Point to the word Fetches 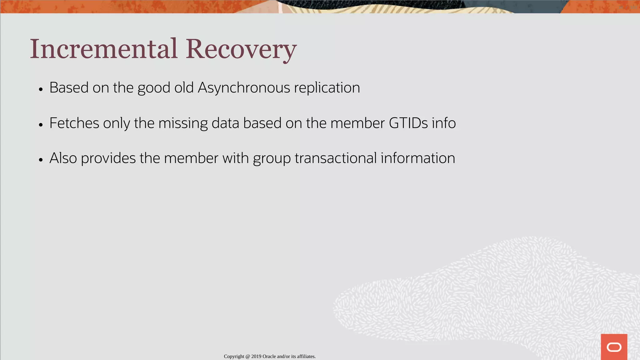(74, 123)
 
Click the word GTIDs (408, 123)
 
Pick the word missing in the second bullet (183, 123)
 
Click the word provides (108, 158)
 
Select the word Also (63, 158)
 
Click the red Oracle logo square (614, 347)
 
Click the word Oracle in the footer (269, 357)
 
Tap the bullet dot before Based (41, 89)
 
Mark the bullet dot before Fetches (41, 125)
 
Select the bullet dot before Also (41, 160)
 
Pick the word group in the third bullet (272, 158)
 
